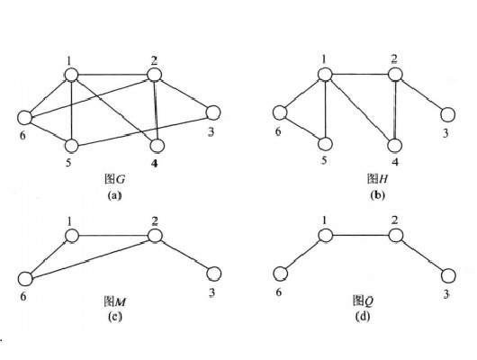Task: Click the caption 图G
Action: pos(114,179)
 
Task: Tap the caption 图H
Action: pos(377,178)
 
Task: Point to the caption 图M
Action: pos(115,301)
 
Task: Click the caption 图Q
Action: pos(364,301)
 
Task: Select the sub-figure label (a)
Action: pos(114,195)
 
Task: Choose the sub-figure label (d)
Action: pos(363,317)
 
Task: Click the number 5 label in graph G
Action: pos(68,163)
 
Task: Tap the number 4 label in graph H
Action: pos(395,162)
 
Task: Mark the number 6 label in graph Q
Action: pos(279,292)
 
